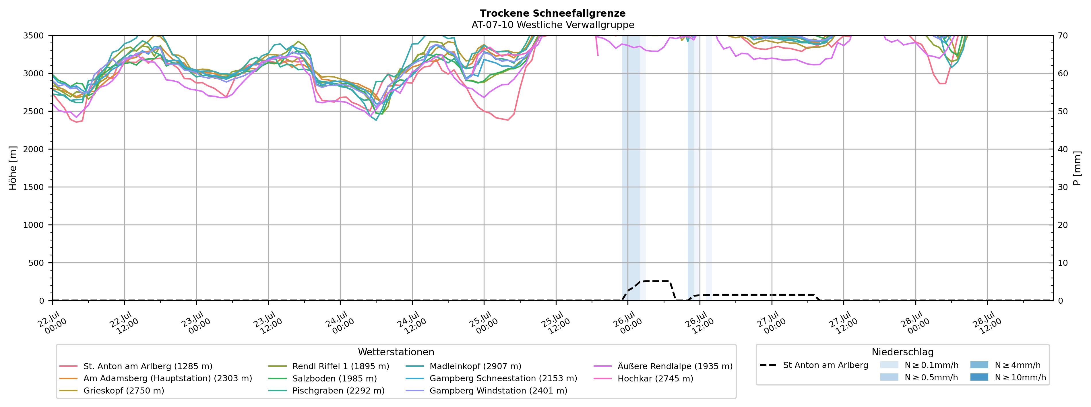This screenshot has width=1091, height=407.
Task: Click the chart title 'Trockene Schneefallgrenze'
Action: pyautogui.click(x=553, y=13)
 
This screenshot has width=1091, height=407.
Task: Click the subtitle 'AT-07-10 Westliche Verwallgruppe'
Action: pyautogui.click(x=553, y=25)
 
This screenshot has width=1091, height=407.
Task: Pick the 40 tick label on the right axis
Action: pyautogui.click(x=1063, y=149)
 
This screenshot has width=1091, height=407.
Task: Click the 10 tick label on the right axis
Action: pyautogui.click(x=1063, y=263)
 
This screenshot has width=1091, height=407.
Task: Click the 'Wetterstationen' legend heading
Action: pyautogui.click(x=396, y=352)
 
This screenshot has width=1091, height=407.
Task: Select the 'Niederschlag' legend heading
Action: pyautogui.click(x=902, y=352)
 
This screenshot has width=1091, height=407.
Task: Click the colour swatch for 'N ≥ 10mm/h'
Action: pyautogui.click(x=979, y=377)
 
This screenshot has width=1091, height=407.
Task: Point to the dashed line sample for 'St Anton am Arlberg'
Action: pyautogui.click(x=768, y=365)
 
